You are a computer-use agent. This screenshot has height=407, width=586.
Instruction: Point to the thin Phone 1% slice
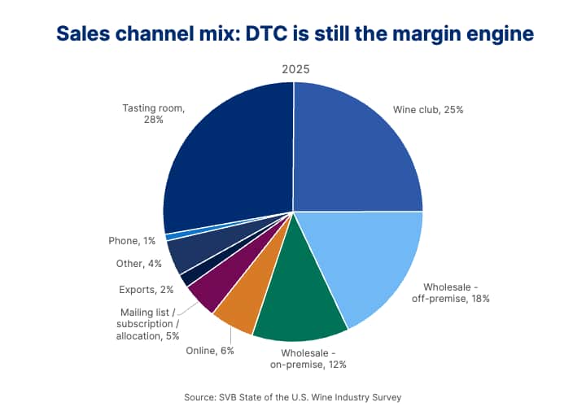point(173,236)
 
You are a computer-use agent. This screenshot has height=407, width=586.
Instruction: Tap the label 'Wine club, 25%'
point(428,109)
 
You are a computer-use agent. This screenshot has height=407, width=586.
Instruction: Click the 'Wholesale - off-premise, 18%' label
point(456,292)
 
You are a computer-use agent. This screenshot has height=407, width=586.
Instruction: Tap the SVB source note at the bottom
point(293,396)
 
